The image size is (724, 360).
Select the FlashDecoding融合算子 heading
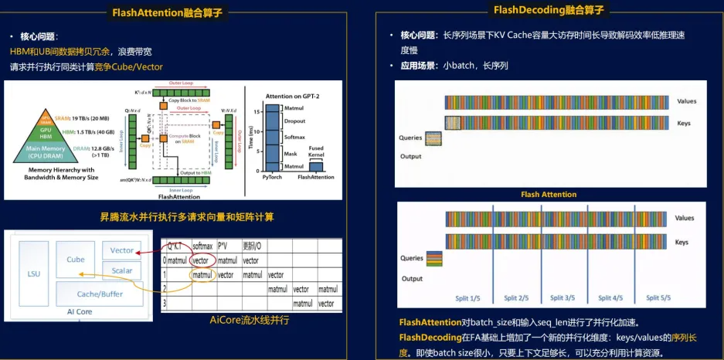click(x=549, y=10)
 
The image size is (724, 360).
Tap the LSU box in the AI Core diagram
click(x=33, y=274)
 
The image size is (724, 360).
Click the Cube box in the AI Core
click(x=76, y=260)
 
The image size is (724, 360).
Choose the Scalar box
click(x=122, y=270)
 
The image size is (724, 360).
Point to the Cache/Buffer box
click(x=100, y=294)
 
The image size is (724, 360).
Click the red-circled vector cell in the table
click(x=202, y=260)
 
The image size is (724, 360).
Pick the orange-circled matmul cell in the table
click(x=202, y=274)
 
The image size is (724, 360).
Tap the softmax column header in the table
click(x=202, y=246)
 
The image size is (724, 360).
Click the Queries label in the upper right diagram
click(x=410, y=137)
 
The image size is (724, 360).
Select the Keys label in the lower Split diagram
click(x=682, y=242)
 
